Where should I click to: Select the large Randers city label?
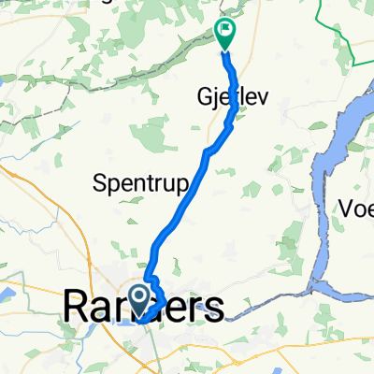tap(144, 307)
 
